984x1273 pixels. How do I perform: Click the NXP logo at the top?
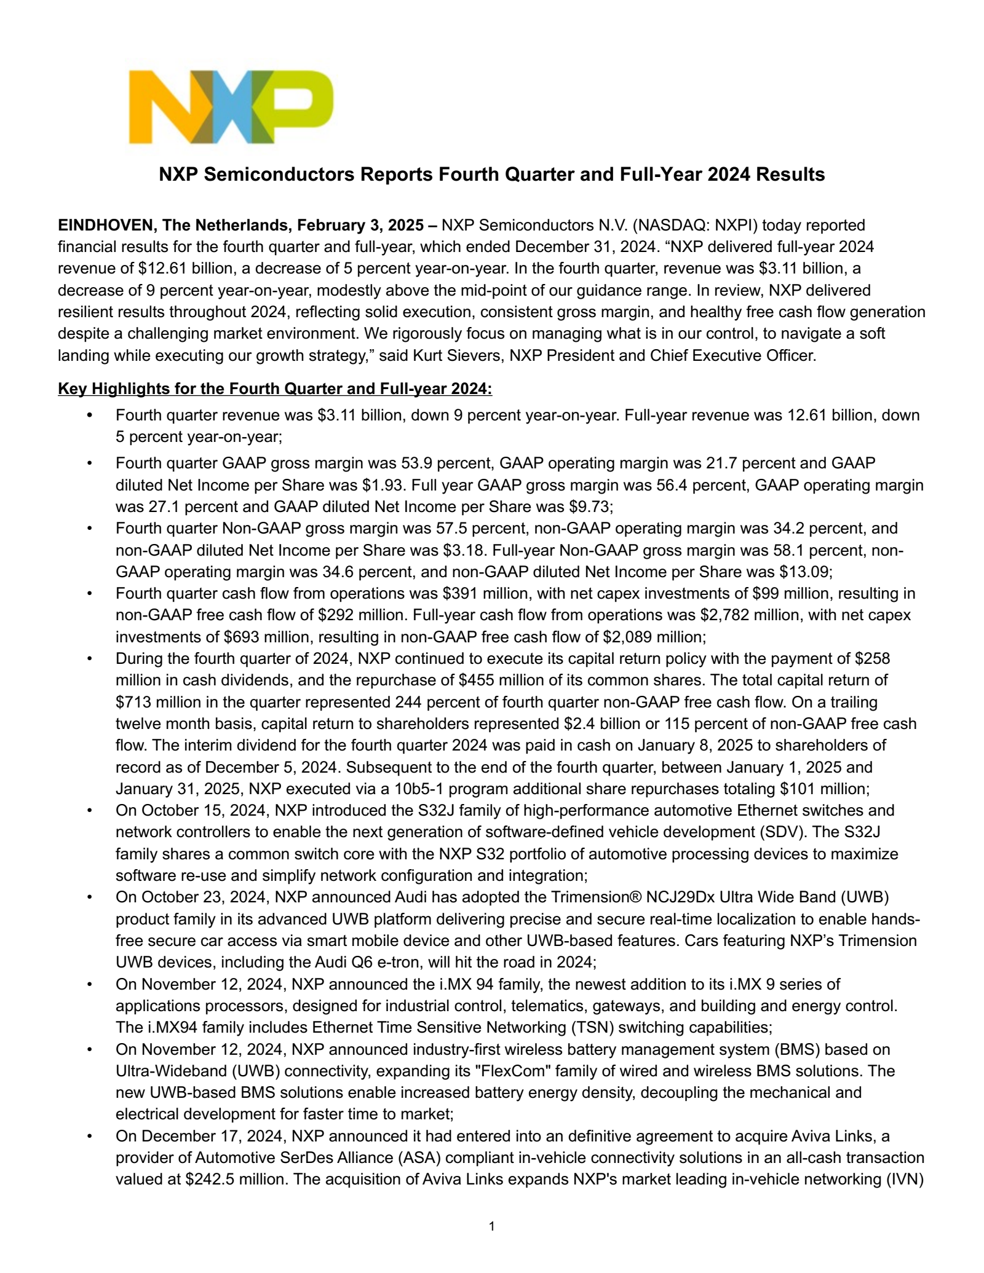click(231, 106)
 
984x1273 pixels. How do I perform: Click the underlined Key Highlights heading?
click(275, 389)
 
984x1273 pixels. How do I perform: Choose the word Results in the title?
click(790, 175)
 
